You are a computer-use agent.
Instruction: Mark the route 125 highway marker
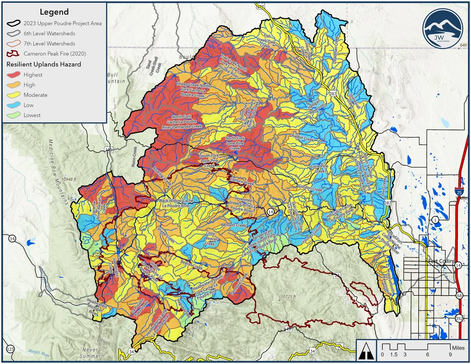click(10, 349)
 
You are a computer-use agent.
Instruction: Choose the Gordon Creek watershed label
click(310, 189)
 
